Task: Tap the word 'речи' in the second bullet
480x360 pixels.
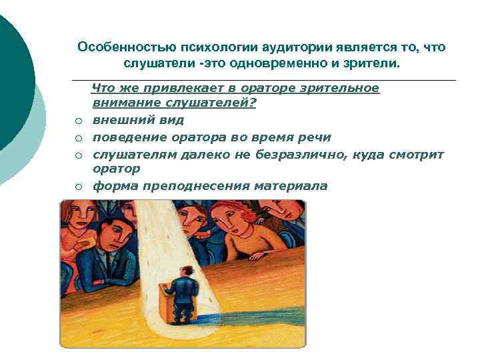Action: point(317,137)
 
